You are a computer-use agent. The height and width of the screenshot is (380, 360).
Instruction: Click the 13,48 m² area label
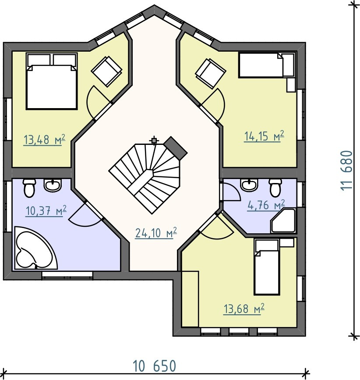point(44,140)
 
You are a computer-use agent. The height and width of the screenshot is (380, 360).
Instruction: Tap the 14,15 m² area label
point(264,136)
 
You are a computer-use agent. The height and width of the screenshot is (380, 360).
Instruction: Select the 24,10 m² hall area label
point(156,233)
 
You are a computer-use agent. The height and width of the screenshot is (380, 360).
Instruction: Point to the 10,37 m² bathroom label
point(46,211)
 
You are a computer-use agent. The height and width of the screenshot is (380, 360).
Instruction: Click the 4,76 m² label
point(266,205)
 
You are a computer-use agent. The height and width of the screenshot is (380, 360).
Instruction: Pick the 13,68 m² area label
point(244,309)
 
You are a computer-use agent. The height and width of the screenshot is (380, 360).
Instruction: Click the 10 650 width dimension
point(155,366)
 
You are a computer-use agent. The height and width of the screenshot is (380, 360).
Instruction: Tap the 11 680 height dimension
point(346,171)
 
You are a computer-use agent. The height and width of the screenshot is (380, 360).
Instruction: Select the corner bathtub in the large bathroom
point(36,248)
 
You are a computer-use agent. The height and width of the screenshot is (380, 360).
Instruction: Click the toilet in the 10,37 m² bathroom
point(29,188)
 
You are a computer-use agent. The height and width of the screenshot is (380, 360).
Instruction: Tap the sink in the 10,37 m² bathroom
point(52,185)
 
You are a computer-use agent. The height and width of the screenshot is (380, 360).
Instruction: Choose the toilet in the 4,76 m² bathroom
point(275,187)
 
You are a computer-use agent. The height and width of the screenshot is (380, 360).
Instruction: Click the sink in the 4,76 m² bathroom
point(249,185)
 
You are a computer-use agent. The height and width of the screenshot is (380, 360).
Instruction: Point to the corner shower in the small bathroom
point(284,221)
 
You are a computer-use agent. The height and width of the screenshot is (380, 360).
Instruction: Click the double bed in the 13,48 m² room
point(52,81)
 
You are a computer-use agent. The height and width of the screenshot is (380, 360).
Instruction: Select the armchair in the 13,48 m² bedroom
point(106,71)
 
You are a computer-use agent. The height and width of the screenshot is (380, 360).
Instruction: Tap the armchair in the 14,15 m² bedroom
point(211,74)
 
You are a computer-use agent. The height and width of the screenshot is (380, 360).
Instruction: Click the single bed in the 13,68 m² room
point(266,267)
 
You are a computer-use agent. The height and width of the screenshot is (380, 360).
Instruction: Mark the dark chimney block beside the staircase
point(176,148)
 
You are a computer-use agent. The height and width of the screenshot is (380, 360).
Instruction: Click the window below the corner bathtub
point(67,275)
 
